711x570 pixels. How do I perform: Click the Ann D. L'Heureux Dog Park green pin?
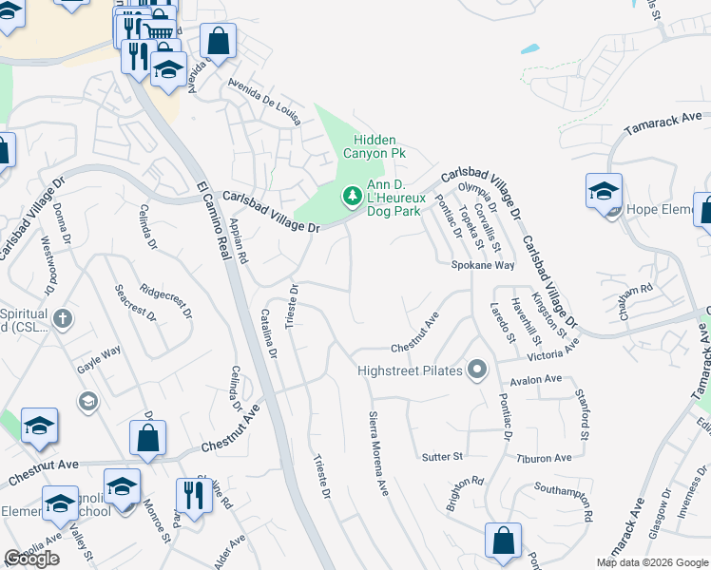tap(353, 196)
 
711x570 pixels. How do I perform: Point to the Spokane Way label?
tap(482, 266)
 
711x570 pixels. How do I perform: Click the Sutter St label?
tap(442, 457)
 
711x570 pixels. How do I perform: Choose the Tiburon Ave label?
tap(545, 457)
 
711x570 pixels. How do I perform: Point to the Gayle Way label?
tap(99, 351)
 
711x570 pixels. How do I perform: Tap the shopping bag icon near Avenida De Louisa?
tap(218, 41)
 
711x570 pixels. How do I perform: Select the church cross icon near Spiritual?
tap(63, 318)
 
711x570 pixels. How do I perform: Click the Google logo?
tap(31, 559)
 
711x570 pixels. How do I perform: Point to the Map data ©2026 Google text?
tap(652, 562)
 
